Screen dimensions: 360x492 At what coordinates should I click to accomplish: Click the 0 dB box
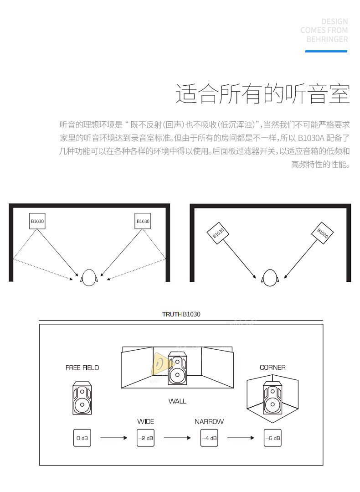click(82, 438)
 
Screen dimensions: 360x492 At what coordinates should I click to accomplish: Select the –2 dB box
click(146, 438)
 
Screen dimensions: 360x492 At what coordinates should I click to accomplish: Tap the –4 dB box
click(209, 438)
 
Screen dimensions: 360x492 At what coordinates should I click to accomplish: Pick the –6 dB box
click(273, 438)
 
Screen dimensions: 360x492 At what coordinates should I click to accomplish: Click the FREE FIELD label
click(82, 368)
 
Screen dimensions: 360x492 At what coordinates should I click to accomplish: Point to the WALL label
click(177, 401)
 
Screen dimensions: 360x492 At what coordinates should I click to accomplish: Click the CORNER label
click(273, 367)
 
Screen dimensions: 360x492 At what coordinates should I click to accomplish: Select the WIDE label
click(146, 421)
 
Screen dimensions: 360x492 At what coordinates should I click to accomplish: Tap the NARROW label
click(209, 421)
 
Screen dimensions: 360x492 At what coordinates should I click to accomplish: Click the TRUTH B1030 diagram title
click(181, 314)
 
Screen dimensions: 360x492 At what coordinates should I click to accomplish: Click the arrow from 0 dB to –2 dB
click(113, 438)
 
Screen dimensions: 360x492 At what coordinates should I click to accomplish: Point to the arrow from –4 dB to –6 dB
click(241, 438)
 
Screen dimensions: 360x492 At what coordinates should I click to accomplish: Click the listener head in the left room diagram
click(89, 278)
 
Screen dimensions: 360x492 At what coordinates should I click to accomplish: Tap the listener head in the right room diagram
click(270, 277)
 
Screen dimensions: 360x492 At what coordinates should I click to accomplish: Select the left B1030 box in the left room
click(37, 221)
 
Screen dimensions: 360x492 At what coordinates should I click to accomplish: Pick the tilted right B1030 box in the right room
click(323, 233)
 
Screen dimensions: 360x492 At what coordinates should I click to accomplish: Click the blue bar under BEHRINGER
click(326, 51)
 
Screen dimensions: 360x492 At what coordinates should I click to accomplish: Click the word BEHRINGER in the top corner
click(327, 39)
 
